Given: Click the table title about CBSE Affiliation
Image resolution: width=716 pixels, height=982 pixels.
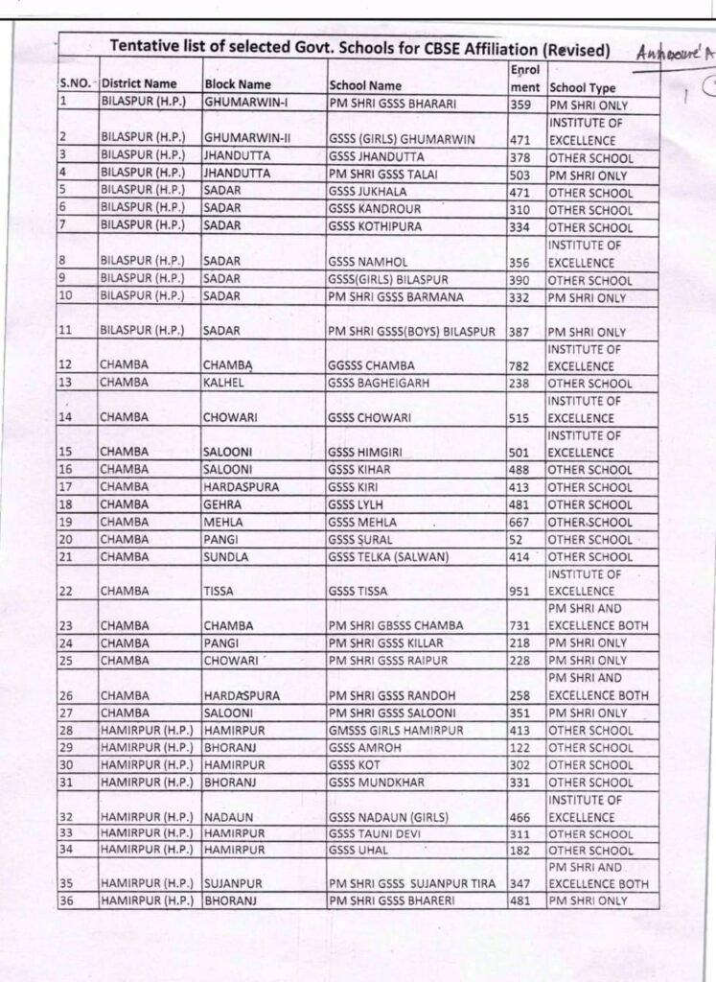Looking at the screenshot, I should point(360,49).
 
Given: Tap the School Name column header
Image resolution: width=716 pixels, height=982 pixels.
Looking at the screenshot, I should point(365,85).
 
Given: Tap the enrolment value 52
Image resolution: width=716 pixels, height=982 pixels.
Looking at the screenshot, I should point(517,540).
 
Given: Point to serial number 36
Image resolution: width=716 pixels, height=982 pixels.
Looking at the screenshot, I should point(68,900).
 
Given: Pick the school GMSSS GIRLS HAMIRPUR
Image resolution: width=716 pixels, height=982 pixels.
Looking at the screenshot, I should point(396,731).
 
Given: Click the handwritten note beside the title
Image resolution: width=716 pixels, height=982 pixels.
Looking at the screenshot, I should point(676,55).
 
